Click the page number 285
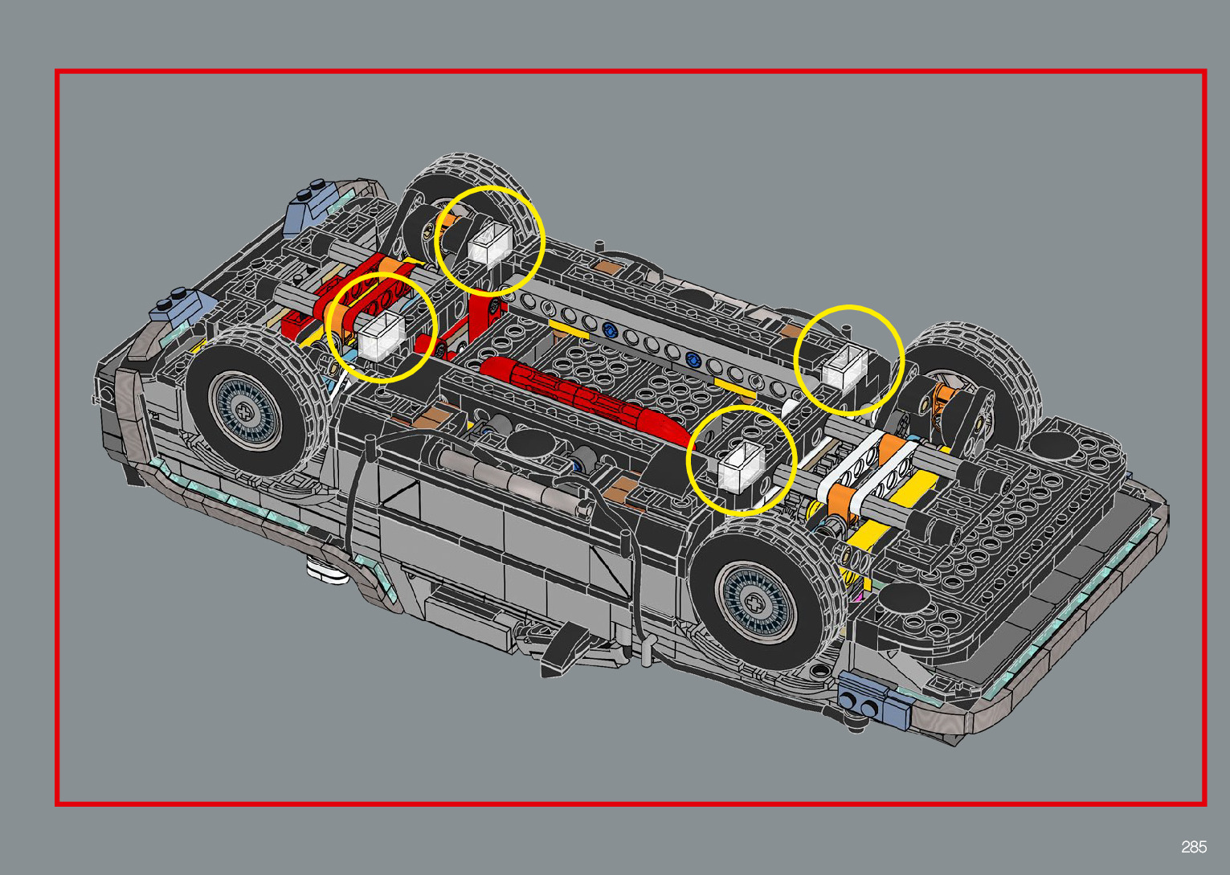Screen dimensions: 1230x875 [1194, 846]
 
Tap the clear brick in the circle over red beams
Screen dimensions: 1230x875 [382, 335]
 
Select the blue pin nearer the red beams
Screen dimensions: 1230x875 [608, 330]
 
